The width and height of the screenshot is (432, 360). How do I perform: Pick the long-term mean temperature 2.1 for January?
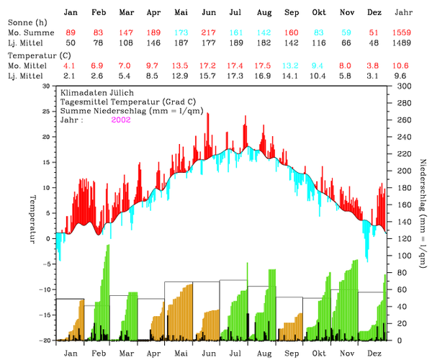coord(71,75)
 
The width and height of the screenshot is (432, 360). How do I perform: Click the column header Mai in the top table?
coord(181,13)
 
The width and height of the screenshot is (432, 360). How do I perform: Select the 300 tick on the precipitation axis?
coord(404,86)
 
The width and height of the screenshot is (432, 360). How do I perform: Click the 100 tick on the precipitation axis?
coord(404,256)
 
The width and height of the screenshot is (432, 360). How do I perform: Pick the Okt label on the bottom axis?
coord(320,354)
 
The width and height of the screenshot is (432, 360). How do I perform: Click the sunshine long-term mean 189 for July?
coord(235,43)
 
